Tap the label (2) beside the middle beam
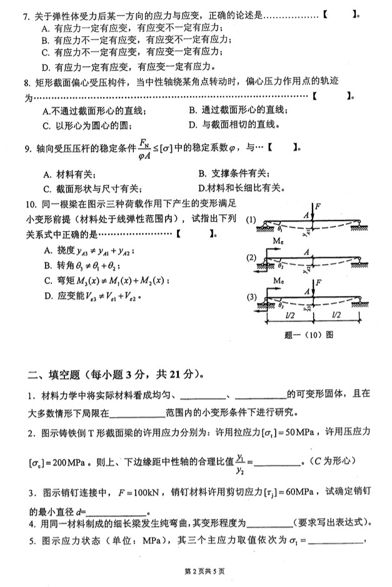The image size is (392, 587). click(251, 257)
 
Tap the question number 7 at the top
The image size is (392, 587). click(26, 14)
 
